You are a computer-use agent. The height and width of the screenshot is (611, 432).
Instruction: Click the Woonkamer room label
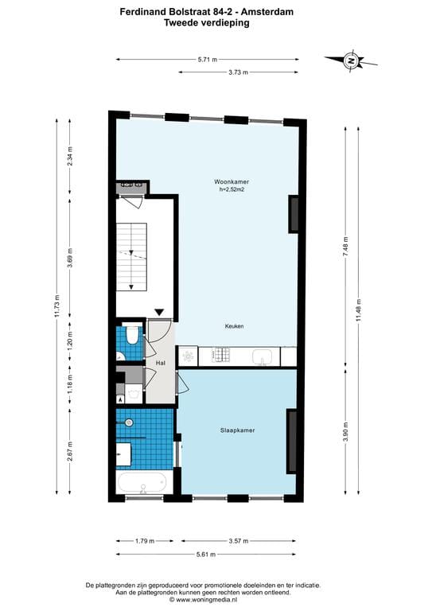point(232,182)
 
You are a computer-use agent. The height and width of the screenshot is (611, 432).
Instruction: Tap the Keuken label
point(234,326)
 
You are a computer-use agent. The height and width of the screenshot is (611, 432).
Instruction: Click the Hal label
point(160,363)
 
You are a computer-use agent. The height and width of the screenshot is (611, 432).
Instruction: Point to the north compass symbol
point(350,60)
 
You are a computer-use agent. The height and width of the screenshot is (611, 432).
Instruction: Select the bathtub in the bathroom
point(143,482)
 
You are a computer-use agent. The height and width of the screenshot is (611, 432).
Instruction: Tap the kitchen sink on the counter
point(263,357)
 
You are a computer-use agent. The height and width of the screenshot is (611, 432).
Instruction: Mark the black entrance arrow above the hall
point(160,313)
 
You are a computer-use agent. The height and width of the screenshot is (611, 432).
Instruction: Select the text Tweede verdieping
point(206,23)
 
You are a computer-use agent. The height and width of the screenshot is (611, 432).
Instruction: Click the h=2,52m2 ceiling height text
point(232,190)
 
